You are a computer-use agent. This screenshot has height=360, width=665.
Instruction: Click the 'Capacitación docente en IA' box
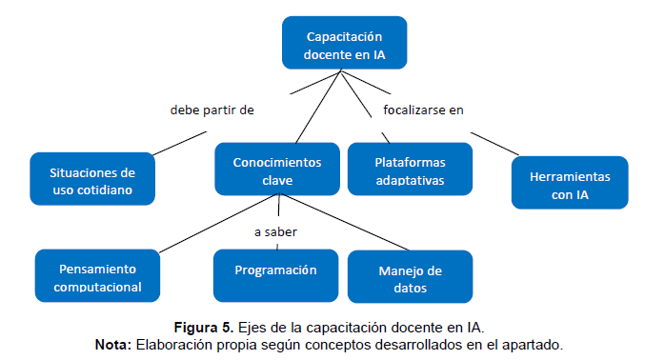345,45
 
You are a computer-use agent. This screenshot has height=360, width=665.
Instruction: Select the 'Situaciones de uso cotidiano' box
91,180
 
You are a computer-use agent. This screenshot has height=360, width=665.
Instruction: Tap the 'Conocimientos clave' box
277,170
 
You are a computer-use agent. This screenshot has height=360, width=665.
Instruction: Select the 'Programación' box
275,270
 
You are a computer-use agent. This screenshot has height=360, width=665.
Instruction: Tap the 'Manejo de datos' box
410,277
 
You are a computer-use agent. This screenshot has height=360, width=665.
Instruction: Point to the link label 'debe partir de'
212,110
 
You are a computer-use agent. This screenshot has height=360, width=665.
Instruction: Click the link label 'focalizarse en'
423,110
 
